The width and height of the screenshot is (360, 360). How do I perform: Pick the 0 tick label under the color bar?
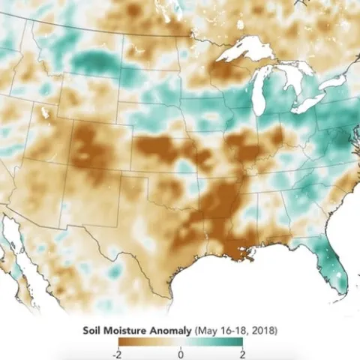pos(180,353)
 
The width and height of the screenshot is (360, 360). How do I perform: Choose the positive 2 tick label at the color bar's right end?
pos(242,353)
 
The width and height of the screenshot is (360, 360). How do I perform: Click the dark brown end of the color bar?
pos(120,342)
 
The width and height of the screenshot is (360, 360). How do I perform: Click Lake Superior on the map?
pos(240,55)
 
